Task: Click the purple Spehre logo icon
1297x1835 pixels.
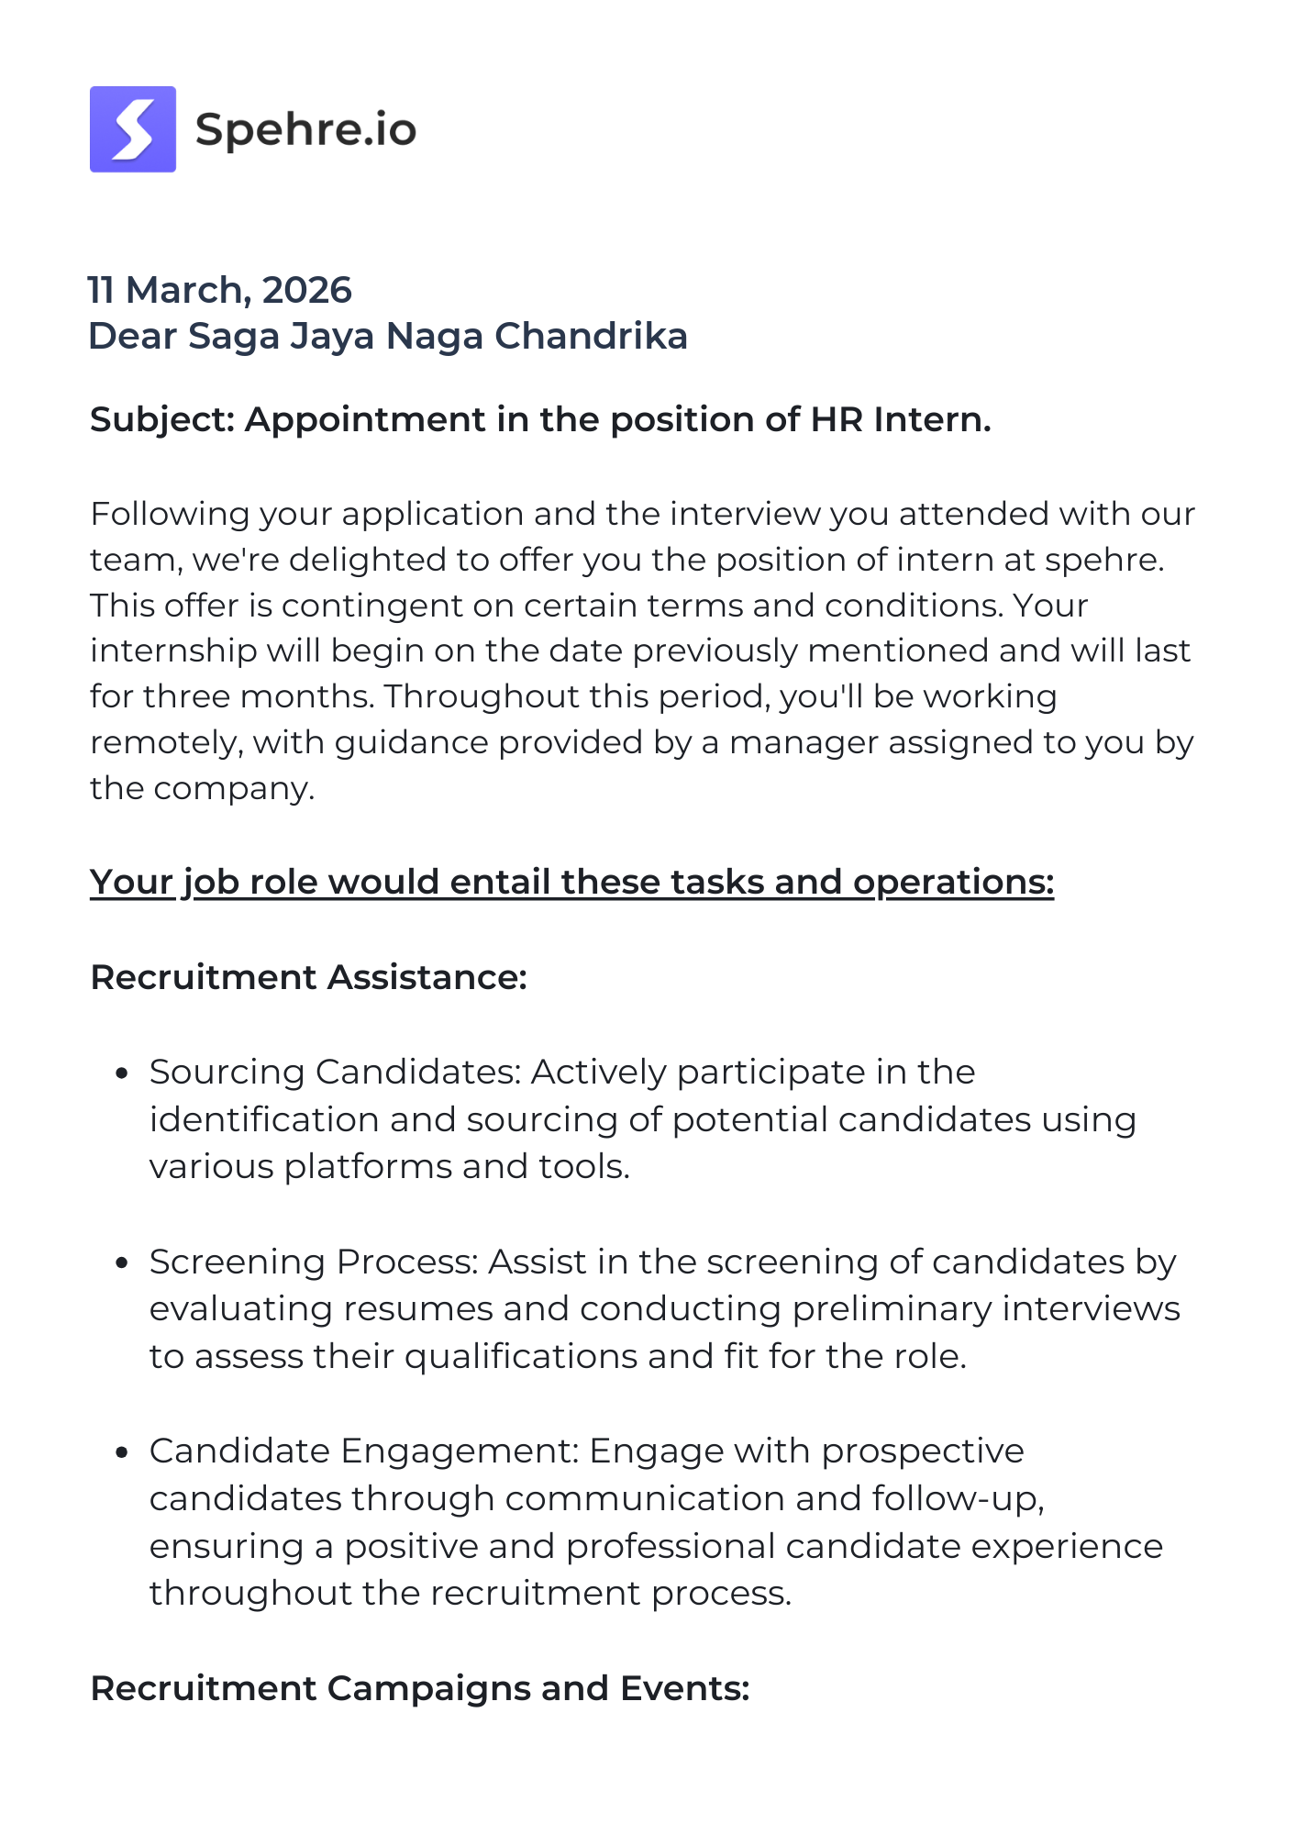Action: (x=133, y=129)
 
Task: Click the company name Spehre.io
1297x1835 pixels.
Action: (x=305, y=129)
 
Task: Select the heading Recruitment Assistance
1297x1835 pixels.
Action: (x=308, y=977)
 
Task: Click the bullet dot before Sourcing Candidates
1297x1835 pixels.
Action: (x=121, y=1073)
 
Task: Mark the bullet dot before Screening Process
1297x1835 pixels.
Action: (x=121, y=1263)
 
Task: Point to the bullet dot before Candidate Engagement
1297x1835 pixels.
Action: (x=121, y=1452)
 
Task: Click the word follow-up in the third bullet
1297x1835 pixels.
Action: (x=958, y=1499)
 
